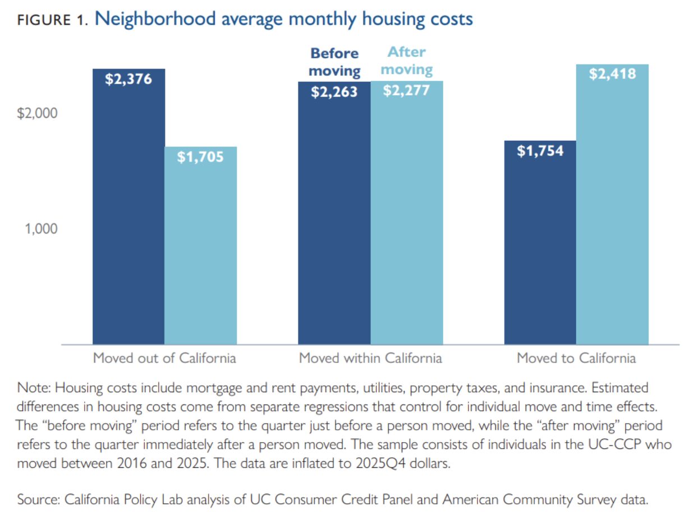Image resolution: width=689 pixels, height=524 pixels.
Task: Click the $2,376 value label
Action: pyautogui.click(x=128, y=79)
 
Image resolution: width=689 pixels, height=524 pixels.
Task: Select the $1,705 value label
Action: pyautogui.click(x=200, y=157)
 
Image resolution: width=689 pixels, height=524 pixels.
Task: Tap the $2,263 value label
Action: pyautogui.click(x=334, y=91)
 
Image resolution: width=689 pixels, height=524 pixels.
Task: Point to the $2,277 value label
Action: pyautogui.click(x=406, y=90)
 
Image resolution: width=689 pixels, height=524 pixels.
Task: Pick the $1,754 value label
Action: pyautogui.click(x=540, y=151)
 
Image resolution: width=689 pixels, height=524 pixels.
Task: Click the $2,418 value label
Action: pyautogui.click(x=612, y=73)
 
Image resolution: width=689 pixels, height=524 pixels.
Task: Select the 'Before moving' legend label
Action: pyautogui.click(x=334, y=62)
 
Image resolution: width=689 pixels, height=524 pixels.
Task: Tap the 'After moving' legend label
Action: pyautogui.click(x=407, y=61)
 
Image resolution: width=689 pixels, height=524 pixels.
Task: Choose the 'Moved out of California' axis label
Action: pyautogui.click(x=164, y=358)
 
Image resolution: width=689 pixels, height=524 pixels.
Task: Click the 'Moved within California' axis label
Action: pyautogui.click(x=370, y=358)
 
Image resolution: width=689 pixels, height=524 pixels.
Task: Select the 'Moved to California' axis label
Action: pyautogui.click(x=576, y=358)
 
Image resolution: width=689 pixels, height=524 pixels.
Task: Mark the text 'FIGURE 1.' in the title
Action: pyautogui.click(x=52, y=21)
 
